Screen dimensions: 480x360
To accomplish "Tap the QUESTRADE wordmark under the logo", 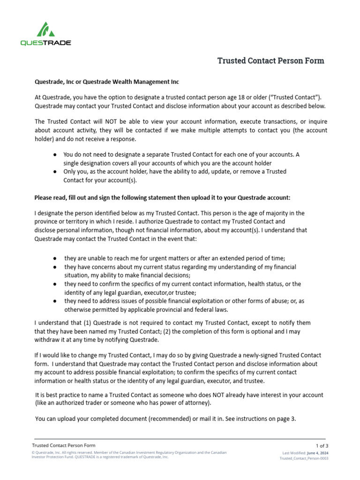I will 45,43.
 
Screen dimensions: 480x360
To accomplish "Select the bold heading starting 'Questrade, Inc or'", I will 107,82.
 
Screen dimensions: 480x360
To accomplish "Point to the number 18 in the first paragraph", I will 233,97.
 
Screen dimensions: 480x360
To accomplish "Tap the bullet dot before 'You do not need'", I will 55,154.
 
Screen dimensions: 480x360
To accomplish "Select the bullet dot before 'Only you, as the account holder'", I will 55,172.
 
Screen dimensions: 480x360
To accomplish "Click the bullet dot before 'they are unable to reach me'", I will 55,258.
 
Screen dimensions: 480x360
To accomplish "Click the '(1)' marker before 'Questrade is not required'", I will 87,323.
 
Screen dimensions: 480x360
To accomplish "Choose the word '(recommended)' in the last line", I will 170,419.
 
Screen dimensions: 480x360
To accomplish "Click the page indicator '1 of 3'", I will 322,445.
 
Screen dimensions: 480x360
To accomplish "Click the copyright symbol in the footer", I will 33,453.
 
